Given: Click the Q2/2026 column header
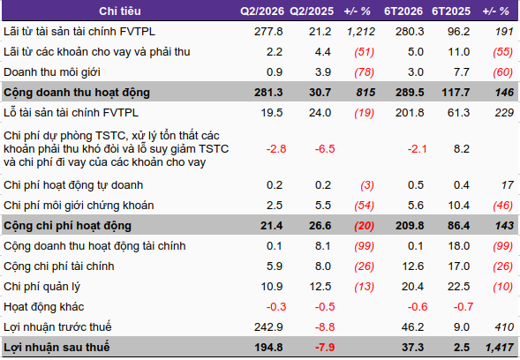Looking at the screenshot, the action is coord(262,11).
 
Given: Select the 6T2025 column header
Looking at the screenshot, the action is coord(451,11).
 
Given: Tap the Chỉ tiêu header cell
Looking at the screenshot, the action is coord(120,11).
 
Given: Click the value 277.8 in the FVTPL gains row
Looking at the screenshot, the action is coord(268,32).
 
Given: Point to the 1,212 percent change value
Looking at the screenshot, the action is coord(361,32).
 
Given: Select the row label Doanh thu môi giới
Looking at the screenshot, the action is coord(52,72).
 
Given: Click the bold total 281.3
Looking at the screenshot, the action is coord(268,93).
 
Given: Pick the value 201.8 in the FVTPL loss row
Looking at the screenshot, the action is coord(410,113).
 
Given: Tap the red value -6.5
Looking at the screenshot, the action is coord(325,149).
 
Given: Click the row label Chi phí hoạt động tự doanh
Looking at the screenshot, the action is coord(73,185).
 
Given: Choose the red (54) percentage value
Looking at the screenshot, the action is coord(364,206).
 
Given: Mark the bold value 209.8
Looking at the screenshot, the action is coord(410,226).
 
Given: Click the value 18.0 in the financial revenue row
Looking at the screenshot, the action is coord(459,246).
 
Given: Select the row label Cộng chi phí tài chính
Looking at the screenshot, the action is coord(59,266).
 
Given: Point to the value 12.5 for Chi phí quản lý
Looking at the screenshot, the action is coord(320,287).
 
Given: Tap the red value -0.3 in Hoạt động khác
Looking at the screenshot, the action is coord(276,307).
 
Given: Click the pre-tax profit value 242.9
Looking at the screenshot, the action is coord(268,327).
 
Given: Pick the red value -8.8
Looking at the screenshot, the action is coord(325,327).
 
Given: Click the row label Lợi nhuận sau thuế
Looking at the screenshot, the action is coord(57,348).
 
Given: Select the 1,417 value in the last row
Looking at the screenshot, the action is coord(500,348).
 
